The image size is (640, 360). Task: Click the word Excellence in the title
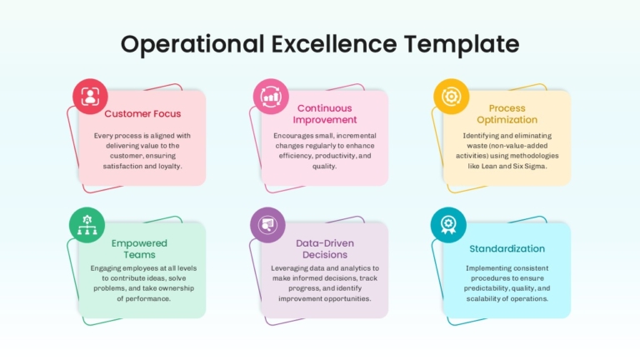coord(334,43)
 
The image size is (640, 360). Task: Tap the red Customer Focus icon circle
coord(90,97)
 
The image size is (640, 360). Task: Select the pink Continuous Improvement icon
coord(271,97)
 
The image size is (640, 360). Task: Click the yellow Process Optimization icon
coord(452,97)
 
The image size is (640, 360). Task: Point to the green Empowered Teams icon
coord(87,225)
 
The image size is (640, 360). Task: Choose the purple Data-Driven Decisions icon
coord(267,225)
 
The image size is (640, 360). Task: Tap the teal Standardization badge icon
coord(448,225)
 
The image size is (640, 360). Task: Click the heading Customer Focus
coord(142,114)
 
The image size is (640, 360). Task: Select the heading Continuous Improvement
coord(324,114)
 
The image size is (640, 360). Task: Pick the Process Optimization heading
coord(507,114)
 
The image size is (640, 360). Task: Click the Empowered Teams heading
coord(139,249)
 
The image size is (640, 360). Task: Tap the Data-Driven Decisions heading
coord(325,249)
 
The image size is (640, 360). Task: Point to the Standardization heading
coord(507,248)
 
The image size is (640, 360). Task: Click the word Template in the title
coord(462,45)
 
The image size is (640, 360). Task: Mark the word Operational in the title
coord(192,45)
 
